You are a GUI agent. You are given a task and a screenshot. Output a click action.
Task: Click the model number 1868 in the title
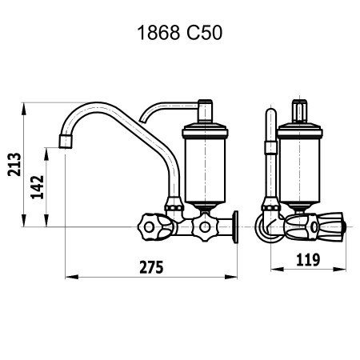158,33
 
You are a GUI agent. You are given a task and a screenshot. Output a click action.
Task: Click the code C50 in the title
204,33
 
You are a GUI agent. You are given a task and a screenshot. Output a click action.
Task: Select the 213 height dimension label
14,165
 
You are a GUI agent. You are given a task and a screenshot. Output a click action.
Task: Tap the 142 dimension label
37,187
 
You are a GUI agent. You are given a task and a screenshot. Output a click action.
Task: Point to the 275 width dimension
151,267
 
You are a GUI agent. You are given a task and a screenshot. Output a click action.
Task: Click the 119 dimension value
308,259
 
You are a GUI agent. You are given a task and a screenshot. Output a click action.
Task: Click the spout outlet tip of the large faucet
66,142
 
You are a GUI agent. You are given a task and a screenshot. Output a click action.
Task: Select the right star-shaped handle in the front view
205,227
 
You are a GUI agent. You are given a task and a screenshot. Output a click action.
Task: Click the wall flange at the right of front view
235,227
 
